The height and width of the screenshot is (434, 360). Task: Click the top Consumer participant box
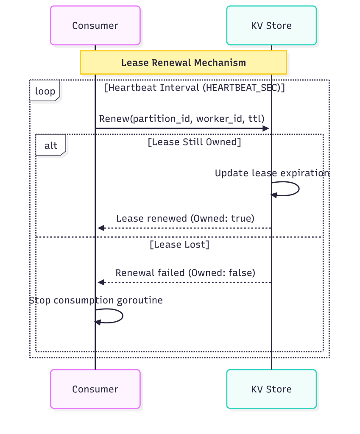pyautogui.click(x=95, y=25)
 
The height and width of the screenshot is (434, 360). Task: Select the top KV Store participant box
pyautogui.click(x=271, y=25)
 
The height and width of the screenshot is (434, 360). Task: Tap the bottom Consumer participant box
pyautogui.click(x=95, y=389)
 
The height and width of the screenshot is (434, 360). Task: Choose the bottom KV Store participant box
pyautogui.click(x=271, y=389)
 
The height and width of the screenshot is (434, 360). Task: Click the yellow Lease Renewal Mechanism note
pyautogui.click(x=183, y=63)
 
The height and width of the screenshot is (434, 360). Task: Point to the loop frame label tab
pyautogui.click(x=45, y=91)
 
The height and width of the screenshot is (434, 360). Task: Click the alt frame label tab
pyautogui.click(x=50, y=145)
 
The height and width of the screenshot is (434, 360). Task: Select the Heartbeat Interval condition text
pyautogui.click(x=194, y=88)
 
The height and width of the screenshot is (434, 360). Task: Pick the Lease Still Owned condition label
pyautogui.click(x=194, y=142)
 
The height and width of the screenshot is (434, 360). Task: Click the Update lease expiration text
pyautogui.click(x=272, y=173)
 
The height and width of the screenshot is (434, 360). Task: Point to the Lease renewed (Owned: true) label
pyautogui.click(x=185, y=218)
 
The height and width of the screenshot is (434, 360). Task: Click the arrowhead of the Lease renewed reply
pyautogui.click(x=100, y=228)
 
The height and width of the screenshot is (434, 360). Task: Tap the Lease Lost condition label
pyautogui.click(x=179, y=245)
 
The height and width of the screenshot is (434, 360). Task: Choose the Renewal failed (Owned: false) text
pyautogui.click(x=185, y=273)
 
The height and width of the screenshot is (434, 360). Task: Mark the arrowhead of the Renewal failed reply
pyautogui.click(x=100, y=282)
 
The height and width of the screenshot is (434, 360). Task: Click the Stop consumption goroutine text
pyautogui.click(x=96, y=300)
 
